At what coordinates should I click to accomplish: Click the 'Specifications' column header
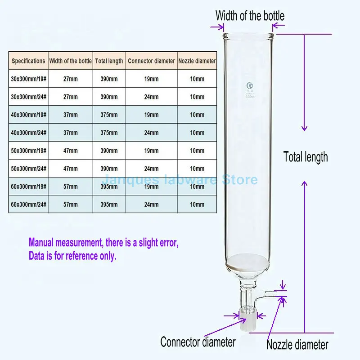tap(28, 61)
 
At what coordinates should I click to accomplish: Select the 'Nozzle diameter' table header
tap(197, 61)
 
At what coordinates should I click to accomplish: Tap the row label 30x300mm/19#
tap(28, 79)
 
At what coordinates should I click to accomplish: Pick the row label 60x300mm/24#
tap(28, 205)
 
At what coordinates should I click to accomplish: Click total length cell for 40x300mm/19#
tap(109, 115)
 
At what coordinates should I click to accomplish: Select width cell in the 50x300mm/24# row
tap(70, 169)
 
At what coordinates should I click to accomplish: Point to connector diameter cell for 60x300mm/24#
tap(151, 205)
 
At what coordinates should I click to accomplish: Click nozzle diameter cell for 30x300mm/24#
tap(197, 97)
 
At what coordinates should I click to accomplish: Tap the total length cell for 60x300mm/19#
tap(109, 187)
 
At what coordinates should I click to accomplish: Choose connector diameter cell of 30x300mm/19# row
tap(151, 79)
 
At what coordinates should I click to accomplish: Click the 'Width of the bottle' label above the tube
tap(250, 16)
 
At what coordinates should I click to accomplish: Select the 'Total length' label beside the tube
tap(306, 157)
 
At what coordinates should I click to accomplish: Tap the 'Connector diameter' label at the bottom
tap(198, 342)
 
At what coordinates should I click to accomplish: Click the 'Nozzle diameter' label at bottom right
tap(297, 345)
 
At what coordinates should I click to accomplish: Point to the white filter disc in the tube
tap(248, 262)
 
